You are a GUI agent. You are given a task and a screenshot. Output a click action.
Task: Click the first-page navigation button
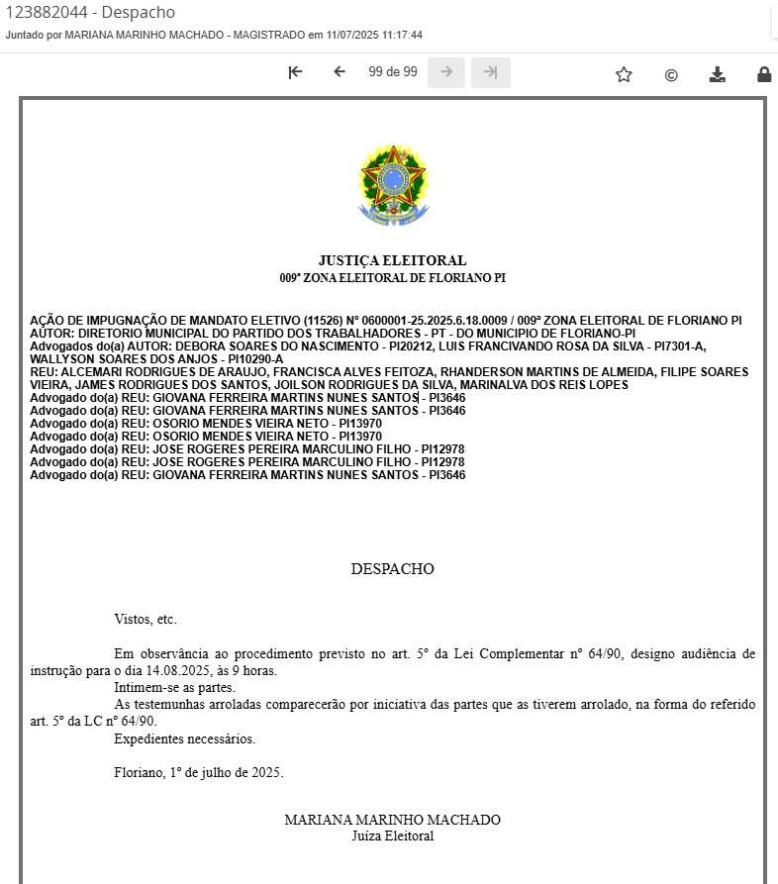coord(295,72)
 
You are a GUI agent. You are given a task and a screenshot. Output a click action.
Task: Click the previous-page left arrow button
coord(340,72)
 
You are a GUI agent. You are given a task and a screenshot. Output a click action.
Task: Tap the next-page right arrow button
coord(446,72)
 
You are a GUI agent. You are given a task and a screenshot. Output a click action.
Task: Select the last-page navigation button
coord(491,72)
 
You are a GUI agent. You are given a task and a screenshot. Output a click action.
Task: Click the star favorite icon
coord(624,74)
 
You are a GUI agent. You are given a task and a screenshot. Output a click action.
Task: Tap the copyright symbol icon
coord(671,74)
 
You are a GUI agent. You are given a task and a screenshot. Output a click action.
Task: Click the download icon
coord(718,74)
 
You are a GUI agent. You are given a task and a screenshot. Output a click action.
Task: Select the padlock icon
coord(764,74)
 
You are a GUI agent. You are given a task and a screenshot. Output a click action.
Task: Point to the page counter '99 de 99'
coord(393,72)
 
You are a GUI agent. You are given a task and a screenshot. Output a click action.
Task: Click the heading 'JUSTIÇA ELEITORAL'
coord(392,260)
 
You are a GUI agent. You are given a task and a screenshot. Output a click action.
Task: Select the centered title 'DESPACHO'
coord(392,569)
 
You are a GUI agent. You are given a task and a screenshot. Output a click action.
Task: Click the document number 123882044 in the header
coord(47,13)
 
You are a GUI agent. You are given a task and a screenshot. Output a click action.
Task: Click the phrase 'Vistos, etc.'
coord(146,620)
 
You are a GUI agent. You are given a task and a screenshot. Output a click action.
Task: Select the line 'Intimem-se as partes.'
coord(174,687)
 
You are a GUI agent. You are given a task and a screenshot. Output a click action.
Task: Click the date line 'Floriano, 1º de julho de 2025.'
coord(199,772)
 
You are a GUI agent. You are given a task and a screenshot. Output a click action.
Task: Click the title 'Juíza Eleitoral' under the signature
coord(392,836)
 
